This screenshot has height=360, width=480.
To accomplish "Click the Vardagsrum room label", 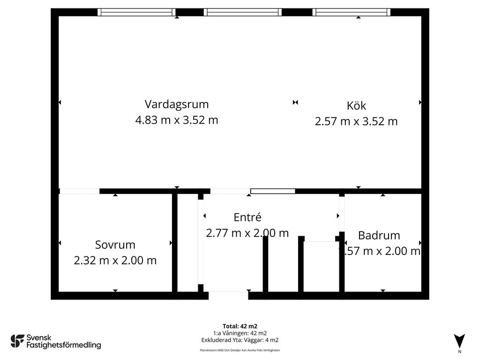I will coord(176,104).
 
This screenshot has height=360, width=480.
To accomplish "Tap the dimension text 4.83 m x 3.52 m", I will coord(176,120).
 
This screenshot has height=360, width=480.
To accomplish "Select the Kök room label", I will coord(356,105).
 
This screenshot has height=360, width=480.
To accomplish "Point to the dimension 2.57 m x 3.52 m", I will coord(356,121).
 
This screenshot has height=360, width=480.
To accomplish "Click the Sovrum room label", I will coord(115,245).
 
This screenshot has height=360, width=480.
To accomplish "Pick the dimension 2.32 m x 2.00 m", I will coord(115,261).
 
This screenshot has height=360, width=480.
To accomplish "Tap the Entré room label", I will coord(247,217).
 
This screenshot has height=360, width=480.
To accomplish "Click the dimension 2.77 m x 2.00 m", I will coord(247,232).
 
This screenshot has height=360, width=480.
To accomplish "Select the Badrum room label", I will coord(379,235).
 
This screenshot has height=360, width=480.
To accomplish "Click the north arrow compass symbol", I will coord(459,341).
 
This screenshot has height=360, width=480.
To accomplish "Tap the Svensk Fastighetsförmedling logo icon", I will coord(17,341).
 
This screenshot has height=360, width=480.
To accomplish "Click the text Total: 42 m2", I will coord(240,326).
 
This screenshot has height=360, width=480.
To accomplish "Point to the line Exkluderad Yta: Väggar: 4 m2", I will coord(240,340).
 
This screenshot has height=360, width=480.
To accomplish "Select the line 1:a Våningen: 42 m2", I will coord(240,333).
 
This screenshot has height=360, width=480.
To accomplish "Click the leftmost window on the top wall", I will coord(136,12).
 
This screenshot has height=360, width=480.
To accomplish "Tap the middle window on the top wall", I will coord(243,12).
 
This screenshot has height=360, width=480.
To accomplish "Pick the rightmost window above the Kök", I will coord(352,12).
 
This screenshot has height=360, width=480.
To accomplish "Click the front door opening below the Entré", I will coord(228,295).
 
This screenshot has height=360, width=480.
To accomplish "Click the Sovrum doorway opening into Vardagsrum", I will coord(79,191).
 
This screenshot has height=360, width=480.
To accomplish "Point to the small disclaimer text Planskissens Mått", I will coord(240,350).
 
